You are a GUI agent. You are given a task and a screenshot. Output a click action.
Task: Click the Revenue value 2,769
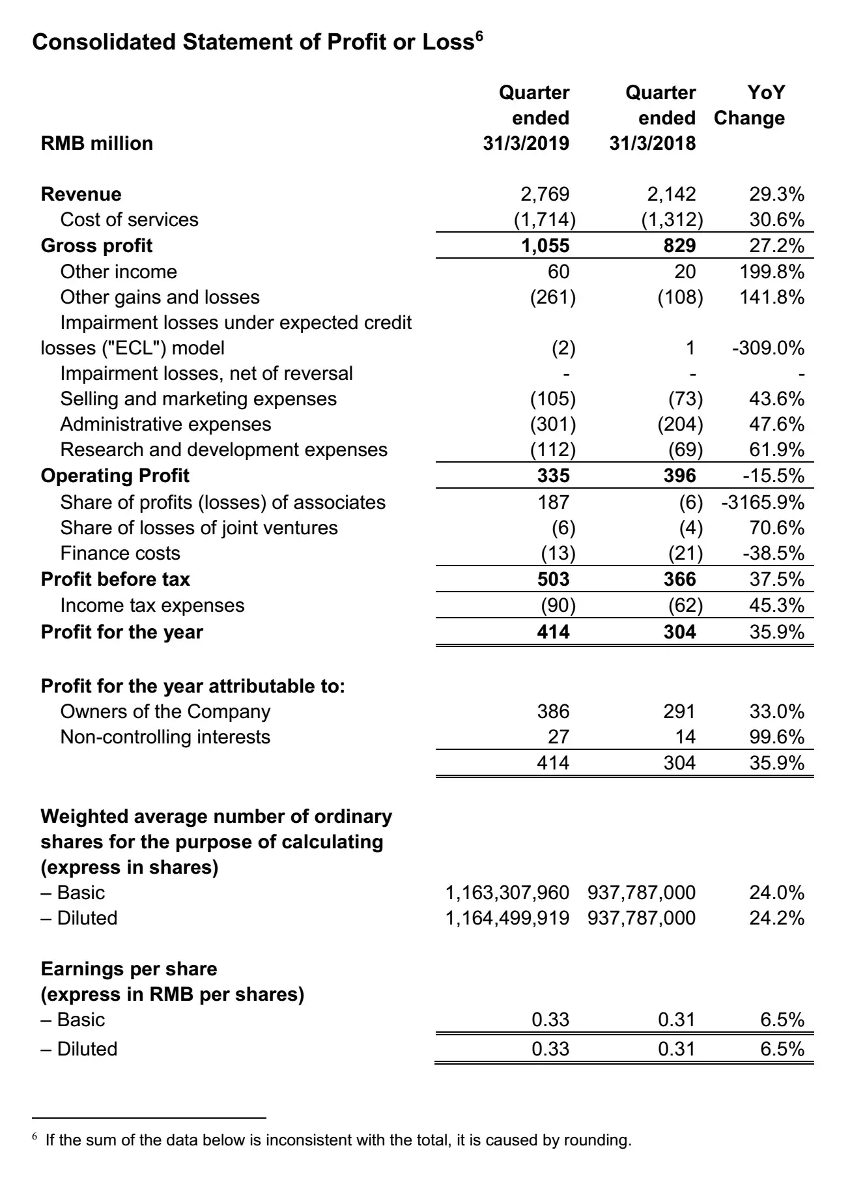click(x=545, y=194)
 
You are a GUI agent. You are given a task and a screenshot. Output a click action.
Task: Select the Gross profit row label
click(x=96, y=246)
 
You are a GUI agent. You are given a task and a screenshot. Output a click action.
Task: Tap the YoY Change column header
click(x=750, y=105)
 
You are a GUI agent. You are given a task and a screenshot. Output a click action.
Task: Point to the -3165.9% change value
click(x=763, y=502)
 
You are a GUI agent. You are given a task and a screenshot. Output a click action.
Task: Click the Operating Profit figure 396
click(x=679, y=476)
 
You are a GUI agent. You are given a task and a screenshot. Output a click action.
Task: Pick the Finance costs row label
click(x=120, y=553)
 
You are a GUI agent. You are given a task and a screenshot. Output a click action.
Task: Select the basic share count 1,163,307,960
click(x=507, y=893)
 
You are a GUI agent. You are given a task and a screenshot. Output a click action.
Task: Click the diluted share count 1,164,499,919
click(x=507, y=918)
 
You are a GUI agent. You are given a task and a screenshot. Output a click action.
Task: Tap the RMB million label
click(x=96, y=143)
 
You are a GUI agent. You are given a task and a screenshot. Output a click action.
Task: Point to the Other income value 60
click(x=558, y=272)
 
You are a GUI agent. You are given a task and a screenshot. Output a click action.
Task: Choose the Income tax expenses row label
click(x=152, y=605)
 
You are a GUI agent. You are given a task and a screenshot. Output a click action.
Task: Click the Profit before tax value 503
click(x=553, y=579)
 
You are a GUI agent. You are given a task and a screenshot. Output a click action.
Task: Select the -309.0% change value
click(x=768, y=348)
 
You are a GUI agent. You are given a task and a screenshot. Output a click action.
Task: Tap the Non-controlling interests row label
click(x=165, y=737)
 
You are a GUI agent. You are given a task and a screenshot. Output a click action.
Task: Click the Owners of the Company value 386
click(x=553, y=711)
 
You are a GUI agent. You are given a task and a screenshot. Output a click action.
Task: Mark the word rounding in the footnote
click(x=597, y=1140)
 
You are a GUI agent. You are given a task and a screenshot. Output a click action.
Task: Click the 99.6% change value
click(x=776, y=737)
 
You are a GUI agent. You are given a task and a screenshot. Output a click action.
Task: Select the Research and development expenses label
click(x=223, y=450)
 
